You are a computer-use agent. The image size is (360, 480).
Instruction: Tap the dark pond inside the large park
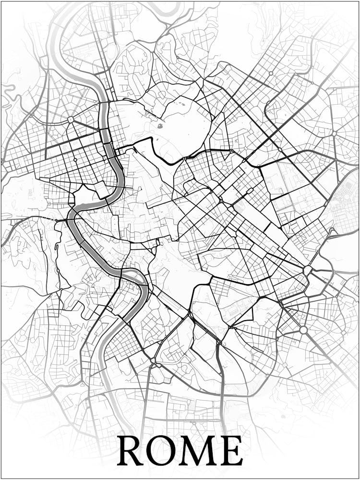coord(160,126)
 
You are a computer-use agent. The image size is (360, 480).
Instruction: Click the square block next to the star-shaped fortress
coord(102,189)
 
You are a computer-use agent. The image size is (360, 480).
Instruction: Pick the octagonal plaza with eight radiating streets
coord(71,120)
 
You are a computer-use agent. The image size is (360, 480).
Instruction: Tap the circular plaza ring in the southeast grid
coord(303,330)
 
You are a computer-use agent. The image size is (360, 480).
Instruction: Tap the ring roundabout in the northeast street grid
coord(271,73)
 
